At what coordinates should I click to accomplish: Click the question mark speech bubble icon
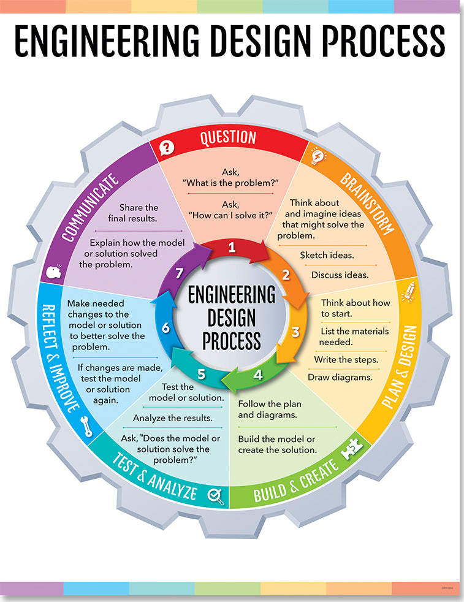point(167,147)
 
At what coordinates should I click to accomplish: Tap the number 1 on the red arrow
point(232,248)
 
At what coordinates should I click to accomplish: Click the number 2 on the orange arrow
point(285,275)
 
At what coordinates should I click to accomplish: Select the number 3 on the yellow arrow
point(295,332)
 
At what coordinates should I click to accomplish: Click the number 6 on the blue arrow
point(165,328)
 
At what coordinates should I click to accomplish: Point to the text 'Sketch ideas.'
point(327,255)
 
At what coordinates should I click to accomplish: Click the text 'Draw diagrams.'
point(340,377)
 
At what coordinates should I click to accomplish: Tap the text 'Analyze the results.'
point(173,418)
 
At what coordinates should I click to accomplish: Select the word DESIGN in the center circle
point(232,317)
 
